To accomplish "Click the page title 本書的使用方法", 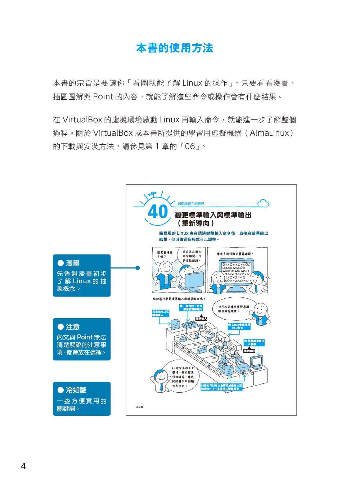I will (175, 48).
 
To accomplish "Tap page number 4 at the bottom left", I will (23, 466).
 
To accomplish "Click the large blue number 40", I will (158, 212).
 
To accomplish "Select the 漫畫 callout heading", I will (73, 263).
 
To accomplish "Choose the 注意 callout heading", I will (73, 327).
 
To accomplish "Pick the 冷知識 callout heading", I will (76, 390).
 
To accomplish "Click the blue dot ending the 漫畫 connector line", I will (138, 268).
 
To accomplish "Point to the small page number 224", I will (139, 407).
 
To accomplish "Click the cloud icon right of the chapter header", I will (263, 203).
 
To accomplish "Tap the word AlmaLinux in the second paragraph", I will (269, 133).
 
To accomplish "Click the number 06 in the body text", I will (190, 146).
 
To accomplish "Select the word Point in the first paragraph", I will (103, 97).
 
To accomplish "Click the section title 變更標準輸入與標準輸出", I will (213, 215).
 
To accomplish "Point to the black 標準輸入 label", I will (201, 319).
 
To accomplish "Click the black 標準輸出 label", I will (249, 351).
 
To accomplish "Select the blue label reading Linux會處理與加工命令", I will (239, 326).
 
